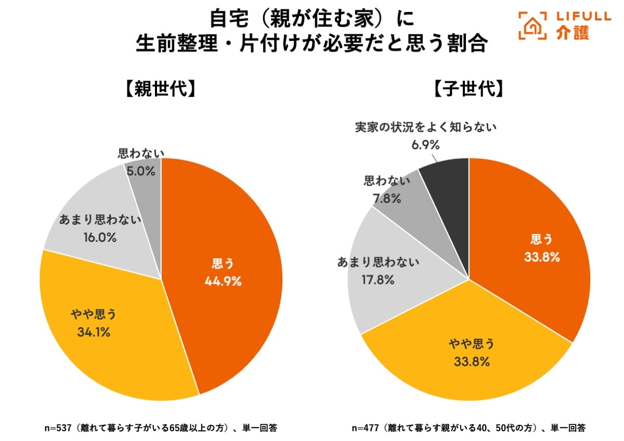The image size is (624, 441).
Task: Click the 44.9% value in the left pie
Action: click(x=223, y=281)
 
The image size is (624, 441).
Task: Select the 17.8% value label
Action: click(x=378, y=279)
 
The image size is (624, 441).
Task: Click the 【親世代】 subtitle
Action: click(x=161, y=89)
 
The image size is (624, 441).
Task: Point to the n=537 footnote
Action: click(x=160, y=429)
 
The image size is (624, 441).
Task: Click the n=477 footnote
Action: click(x=469, y=429)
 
